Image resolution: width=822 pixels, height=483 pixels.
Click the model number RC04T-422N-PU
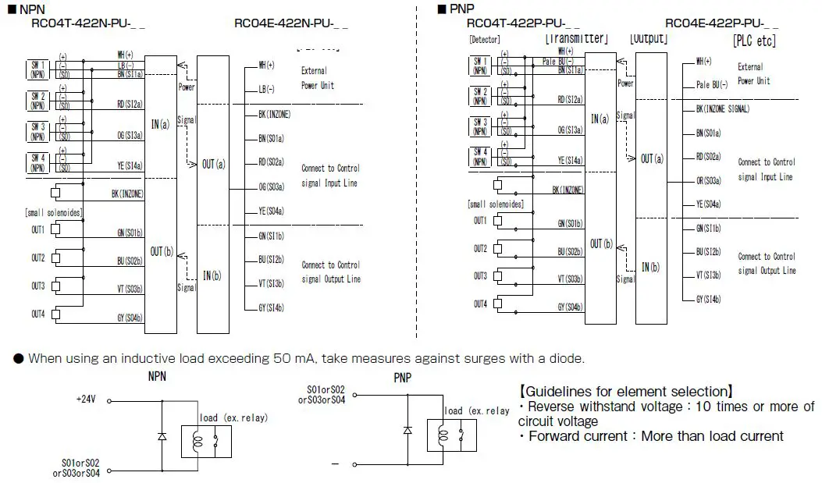pyautogui.click(x=87, y=23)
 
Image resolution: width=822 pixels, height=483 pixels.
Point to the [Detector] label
pyautogui.click(x=485, y=40)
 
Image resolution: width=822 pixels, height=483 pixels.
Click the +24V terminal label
pyautogui.click(x=85, y=398)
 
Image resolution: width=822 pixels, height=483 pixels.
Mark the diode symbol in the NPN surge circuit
pyautogui.click(x=162, y=437)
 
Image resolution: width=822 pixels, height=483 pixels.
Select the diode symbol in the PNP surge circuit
pyautogui.click(x=407, y=430)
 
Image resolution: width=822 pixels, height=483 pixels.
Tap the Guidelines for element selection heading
pyautogui.click(x=625, y=391)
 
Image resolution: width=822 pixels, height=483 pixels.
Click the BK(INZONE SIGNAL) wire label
pyautogui.click(x=722, y=109)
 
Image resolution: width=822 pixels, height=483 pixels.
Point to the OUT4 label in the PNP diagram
pyautogui.click(x=480, y=304)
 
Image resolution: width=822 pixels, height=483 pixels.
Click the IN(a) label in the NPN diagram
pyautogui.click(x=159, y=125)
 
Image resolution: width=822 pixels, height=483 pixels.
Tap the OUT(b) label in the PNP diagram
pyautogui.click(x=601, y=244)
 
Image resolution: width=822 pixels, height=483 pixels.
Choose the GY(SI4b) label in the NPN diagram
pyautogui.click(x=270, y=307)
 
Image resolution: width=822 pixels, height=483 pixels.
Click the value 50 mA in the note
pyautogui.click(x=294, y=359)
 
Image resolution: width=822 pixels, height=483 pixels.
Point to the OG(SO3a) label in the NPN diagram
pyautogui.click(x=270, y=186)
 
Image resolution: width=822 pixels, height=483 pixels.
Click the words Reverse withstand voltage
pyautogui.click(x=602, y=407)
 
